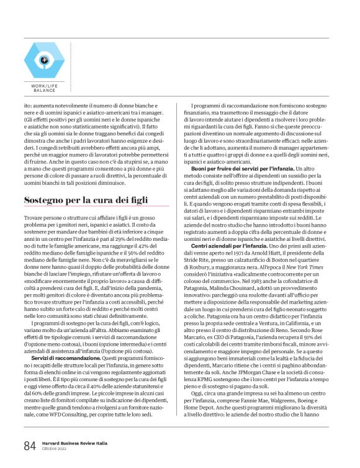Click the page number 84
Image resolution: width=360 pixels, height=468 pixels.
pos(29,447)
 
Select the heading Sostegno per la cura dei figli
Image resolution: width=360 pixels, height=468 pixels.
pos(87,200)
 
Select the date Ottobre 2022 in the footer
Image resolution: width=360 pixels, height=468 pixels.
pos(55,450)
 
